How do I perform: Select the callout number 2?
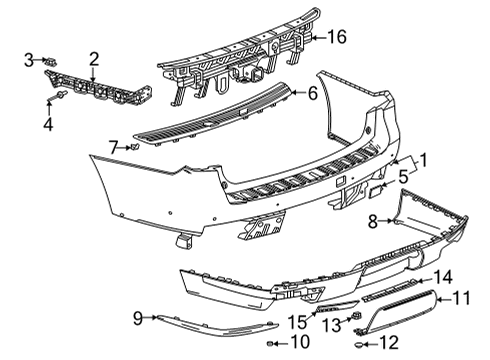92,59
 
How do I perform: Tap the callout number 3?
30,62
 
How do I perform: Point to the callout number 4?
48,124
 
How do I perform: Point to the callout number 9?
138,318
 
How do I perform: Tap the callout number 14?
442,276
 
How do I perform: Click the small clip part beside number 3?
48,62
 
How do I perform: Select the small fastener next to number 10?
271,343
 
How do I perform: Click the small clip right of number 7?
133,147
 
